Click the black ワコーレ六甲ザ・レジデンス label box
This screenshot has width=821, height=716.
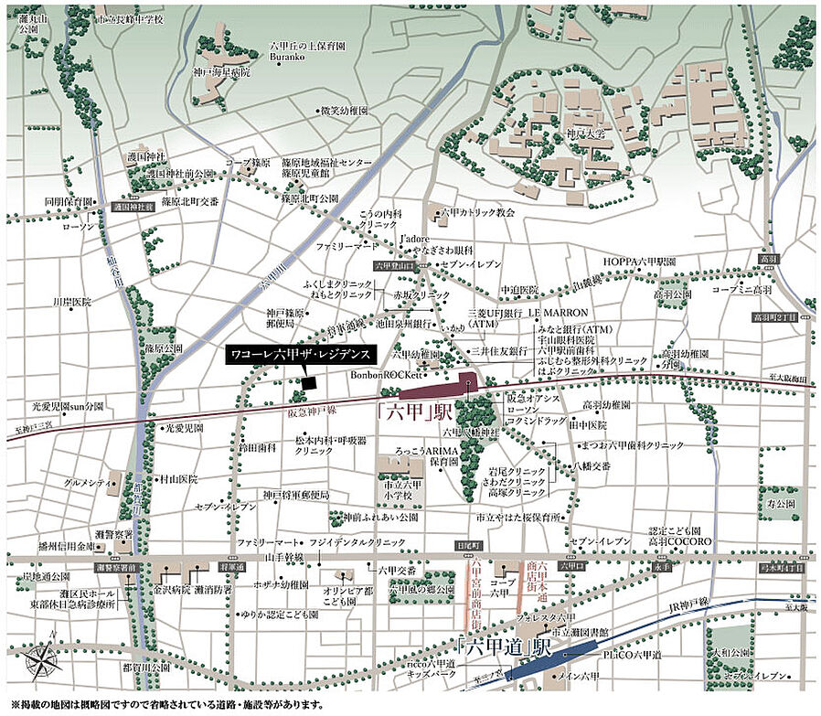(298, 352)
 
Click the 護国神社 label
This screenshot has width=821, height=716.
(148, 158)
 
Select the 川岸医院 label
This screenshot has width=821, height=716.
(71, 301)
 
